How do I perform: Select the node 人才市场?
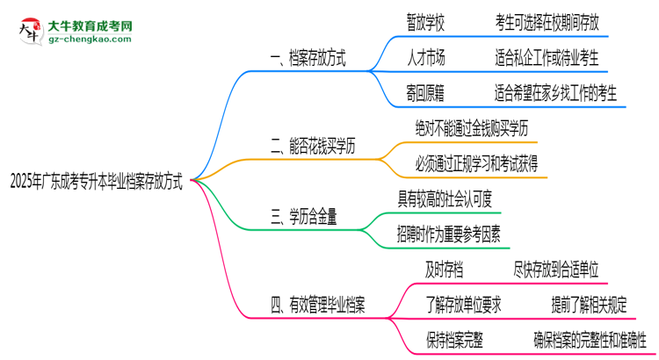coord(425,59)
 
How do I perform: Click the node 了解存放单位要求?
coord(465,304)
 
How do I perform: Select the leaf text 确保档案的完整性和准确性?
coord(589,339)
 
